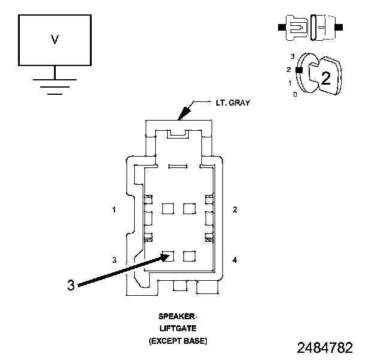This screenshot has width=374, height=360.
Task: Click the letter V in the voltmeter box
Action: point(55,40)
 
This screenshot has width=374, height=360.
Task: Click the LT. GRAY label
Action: point(233,103)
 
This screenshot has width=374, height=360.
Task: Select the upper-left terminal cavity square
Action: point(168,208)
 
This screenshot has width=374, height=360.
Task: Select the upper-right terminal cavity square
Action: point(189,208)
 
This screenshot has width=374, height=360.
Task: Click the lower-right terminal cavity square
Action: point(189,256)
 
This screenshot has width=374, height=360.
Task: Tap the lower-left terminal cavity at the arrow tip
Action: point(168,256)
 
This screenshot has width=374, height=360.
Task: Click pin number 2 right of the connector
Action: point(235,209)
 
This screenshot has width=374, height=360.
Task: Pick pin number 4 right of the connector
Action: point(235,260)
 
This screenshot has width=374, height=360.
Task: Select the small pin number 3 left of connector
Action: point(113,260)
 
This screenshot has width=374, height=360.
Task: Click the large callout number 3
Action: point(71,286)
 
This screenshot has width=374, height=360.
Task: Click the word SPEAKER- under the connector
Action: point(177,316)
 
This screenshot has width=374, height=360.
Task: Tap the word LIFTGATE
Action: point(177,328)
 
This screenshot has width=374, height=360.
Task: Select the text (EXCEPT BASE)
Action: point(177,341)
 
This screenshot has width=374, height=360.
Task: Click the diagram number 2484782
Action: point(325,348)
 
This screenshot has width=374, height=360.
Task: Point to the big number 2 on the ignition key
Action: point(325,77)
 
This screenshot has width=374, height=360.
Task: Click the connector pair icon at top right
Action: point(310,28)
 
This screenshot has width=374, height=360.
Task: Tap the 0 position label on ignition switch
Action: point(294,95)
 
